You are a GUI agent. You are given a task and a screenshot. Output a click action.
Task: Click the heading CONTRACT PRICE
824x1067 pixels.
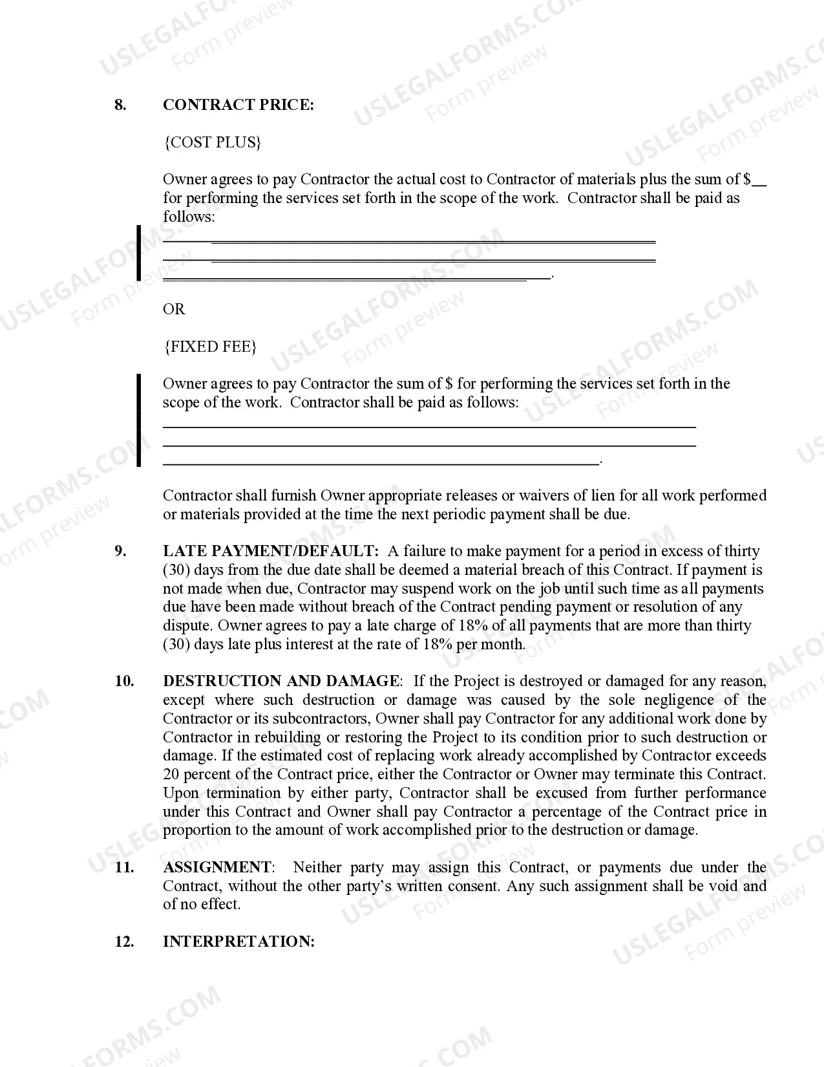(x=238, y=105)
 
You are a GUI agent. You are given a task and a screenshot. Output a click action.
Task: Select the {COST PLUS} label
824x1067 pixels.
(x=213, y=142)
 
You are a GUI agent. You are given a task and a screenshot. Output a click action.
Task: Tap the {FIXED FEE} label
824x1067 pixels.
(x=210, y=347)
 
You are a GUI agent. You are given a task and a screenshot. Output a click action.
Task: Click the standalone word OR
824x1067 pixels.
(x=174, y=309)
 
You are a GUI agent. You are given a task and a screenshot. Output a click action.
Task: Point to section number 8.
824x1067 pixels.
(x=120, y=105)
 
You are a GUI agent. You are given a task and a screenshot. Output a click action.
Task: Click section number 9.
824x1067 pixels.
(x=120, y=551)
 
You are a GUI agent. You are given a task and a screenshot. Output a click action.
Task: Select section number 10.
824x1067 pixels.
(x=124, y=681)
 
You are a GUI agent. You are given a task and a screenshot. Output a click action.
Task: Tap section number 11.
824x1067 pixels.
(x=124, y=867)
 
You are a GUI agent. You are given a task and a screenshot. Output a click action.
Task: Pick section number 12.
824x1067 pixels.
(x=124, y=942)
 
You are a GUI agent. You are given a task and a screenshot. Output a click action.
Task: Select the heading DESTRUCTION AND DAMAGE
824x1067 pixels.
(x=281, y=681)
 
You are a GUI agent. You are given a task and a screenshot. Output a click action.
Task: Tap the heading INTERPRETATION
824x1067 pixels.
(x=238, y=942)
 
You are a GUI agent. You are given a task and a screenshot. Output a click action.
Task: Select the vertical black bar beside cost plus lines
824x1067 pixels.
(x=138, y=253)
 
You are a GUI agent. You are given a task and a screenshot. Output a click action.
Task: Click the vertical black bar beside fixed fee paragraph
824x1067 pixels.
(x=138, y=420)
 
